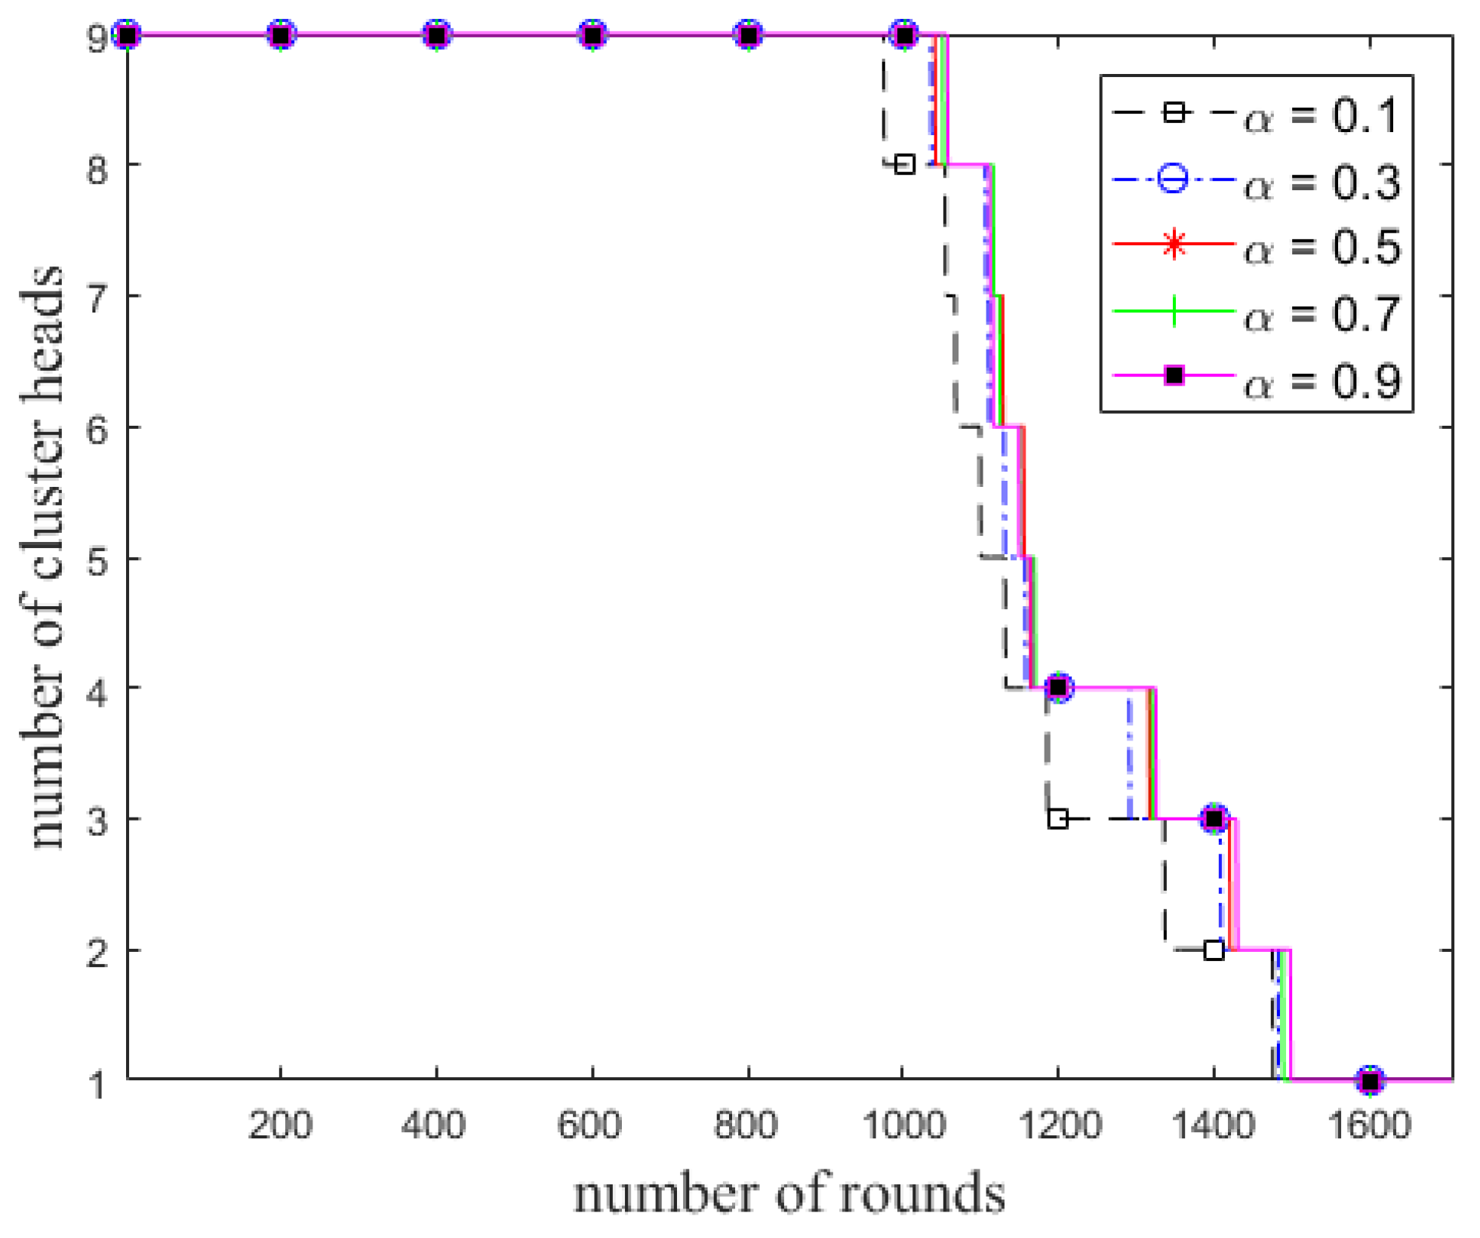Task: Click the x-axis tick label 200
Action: coord(280,1126)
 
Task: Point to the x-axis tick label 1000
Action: coord(903,1126)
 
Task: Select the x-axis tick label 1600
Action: coord(1369,1126)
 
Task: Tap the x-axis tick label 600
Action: coord(589,1126)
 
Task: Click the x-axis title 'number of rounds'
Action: coord(789,1195)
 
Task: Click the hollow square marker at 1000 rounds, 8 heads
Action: coord(904,164)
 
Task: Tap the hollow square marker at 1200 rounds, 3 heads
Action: coord(1058,818)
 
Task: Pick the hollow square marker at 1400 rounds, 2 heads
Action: coord(1214,950)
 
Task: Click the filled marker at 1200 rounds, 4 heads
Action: coord(1059,688)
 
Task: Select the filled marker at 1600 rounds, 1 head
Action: coord(1371,1080)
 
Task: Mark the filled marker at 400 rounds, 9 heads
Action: coord(436,35)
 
